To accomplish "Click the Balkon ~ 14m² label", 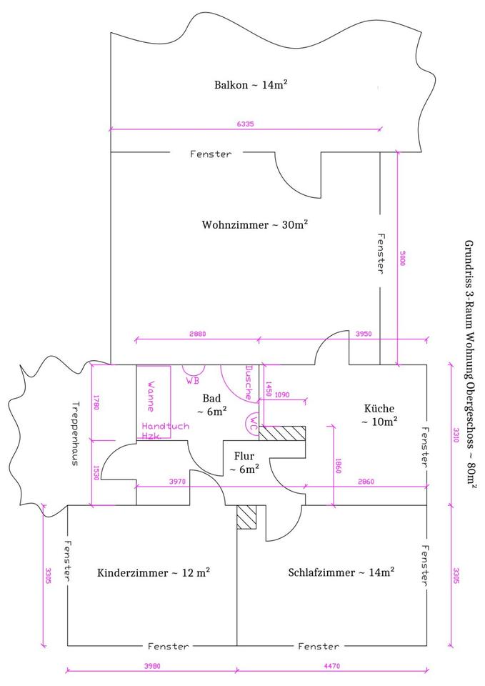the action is click(251, 85).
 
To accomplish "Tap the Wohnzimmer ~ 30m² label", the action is click(255, 224).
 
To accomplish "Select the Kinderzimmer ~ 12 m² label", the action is click(153, 572).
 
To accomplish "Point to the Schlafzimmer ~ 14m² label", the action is click(341, 572).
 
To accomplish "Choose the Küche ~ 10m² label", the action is click(379, 415).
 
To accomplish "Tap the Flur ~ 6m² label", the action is click(244, 462).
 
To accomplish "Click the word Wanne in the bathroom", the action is click(151, 395).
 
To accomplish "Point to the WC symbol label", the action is click(254, 420).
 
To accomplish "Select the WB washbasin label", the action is click(193, 381).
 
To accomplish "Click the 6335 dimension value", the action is click(245, 124).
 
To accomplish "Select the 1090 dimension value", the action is click(282, 394).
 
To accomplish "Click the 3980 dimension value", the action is click(151, 666).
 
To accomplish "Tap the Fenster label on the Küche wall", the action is click(425, 447).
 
